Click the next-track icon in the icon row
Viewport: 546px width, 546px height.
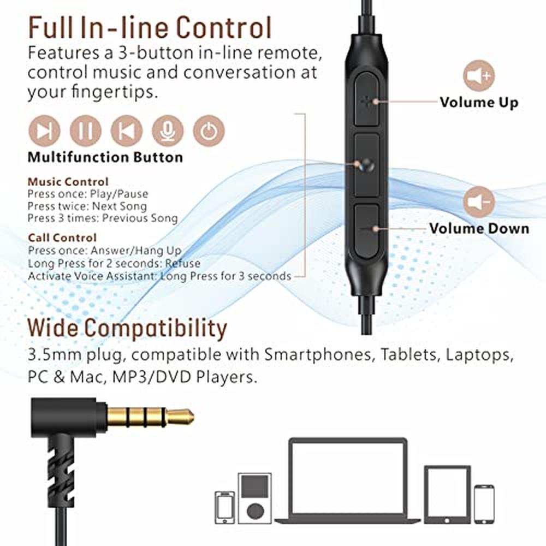(44, 131)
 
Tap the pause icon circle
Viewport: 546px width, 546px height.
(85, 131)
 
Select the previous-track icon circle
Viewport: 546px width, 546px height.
(127, 131)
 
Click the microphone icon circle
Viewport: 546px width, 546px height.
(168, 131)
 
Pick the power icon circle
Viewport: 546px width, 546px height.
(209, 131)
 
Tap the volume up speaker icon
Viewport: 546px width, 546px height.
(479, 75)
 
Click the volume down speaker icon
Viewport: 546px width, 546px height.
(479, 201)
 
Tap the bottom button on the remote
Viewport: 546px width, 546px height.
(367, 231)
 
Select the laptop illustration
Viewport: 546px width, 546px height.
(347, 480)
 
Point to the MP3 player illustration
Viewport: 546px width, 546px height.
(254, 498)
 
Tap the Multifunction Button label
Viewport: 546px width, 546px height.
(105, 157)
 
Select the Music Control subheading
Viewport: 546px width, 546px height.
(68, 182)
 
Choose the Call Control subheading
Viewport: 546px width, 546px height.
(62, 238)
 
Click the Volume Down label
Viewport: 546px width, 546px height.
(479, 228)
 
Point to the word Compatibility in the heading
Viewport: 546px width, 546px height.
(156, 328)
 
